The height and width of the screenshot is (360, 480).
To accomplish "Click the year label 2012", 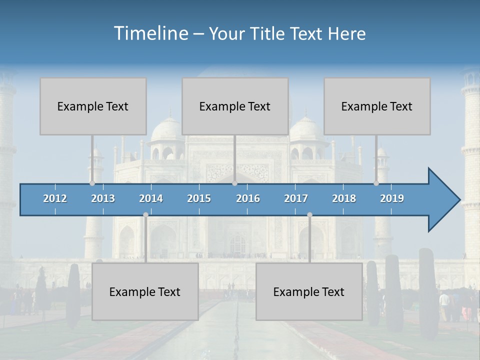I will click(x=55, y=198).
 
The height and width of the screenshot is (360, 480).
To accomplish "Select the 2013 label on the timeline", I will click(x=103, y=198).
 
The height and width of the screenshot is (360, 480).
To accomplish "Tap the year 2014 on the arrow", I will click(x=151, y=198).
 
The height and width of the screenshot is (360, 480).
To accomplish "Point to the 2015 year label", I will click(x=199, y=198).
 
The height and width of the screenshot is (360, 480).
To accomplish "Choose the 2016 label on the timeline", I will click(x=248, y=198).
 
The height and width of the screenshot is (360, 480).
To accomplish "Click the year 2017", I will click(x=296, y=198).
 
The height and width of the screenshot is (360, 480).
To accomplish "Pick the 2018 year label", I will click(x=344, y=198).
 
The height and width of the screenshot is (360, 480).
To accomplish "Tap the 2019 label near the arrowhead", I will click(x=392, y=198).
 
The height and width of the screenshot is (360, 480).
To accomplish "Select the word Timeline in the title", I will click(x=150, y=33).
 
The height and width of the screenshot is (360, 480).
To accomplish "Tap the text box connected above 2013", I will click(x=93, y=106).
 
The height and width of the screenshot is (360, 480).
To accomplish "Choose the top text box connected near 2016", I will click(x=235, y=106).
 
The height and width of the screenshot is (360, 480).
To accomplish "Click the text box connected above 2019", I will click(x=377, y=106).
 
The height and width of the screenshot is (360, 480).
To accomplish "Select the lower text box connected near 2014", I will click(x=145, y=291).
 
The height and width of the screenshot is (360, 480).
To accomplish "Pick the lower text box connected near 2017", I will click(x=309, y=291).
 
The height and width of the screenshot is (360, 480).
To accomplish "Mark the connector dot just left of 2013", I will click(x=92, y=183).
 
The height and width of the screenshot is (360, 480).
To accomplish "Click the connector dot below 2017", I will click(x=310, y=215).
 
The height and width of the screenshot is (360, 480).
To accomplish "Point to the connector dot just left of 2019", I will click(x=376, y=183).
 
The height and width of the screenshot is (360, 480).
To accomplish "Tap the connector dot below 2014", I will click(x=145, y=215).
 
